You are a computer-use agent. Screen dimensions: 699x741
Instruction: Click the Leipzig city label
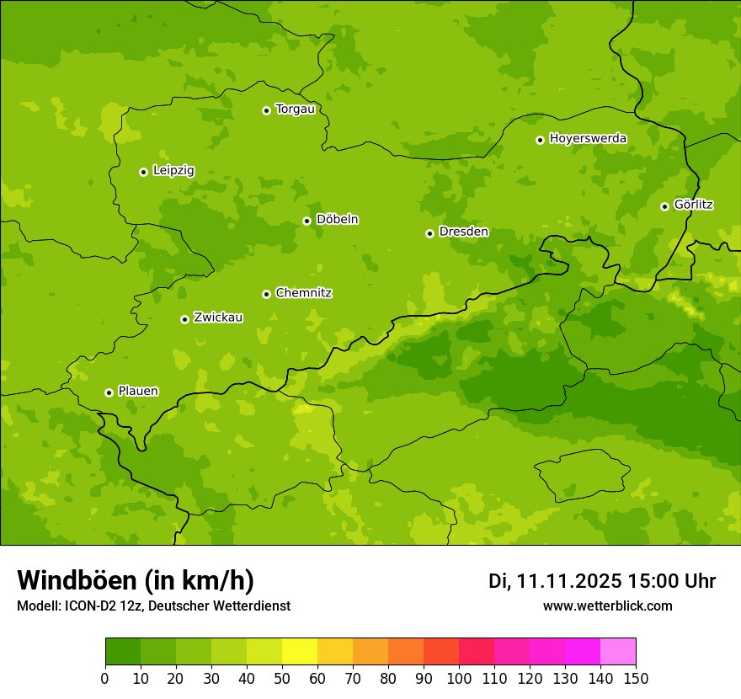tap(173, 170)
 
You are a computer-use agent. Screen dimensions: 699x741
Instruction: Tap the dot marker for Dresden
tap(429, 233)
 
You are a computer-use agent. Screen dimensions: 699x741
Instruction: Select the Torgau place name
tap(295, 109)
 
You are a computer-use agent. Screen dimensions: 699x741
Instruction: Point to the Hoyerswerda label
tap(588, 138)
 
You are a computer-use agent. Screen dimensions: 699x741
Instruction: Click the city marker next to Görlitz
tap(664, 206)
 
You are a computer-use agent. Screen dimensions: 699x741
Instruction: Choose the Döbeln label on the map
tap(337, 220)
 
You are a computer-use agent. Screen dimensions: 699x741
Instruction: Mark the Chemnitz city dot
tap(266, 294)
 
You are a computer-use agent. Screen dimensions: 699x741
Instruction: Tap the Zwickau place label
tap(218, 317)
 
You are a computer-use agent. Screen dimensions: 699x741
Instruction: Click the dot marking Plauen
tap(109, 392)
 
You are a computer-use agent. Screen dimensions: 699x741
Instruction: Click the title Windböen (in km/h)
tap(136, 580)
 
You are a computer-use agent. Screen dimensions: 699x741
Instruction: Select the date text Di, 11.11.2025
tap(555, 581)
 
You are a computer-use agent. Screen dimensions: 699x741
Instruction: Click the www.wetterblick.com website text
tap(607, 606)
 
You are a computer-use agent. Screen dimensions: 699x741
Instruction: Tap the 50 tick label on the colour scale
tap(282, 678)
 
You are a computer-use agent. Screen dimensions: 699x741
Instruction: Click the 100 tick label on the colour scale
tap(459, 678)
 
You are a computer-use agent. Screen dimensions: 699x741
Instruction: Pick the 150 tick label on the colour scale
tap(636, 678)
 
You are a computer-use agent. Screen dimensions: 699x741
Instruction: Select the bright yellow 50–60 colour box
tap(300, 652)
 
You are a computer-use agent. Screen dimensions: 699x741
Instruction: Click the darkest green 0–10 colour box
tap(123, 652)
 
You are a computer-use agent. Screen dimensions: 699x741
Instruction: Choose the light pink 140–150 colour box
tap(618, 652)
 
